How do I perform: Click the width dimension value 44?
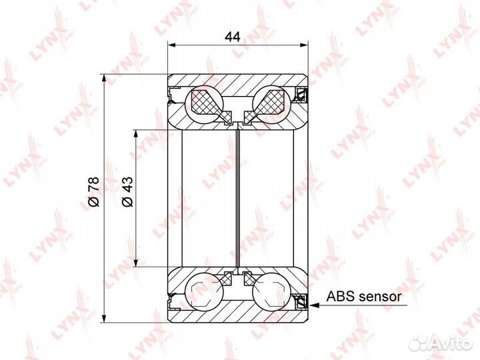[x=233, y=37]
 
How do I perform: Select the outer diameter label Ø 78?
[x=94, y=191]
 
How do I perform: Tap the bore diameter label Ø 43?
[x=127, y=192]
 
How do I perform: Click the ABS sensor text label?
[x=364, y=296]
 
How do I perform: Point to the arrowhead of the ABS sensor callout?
[x=314, y=305]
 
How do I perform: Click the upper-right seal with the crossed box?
[x=301, y=95]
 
